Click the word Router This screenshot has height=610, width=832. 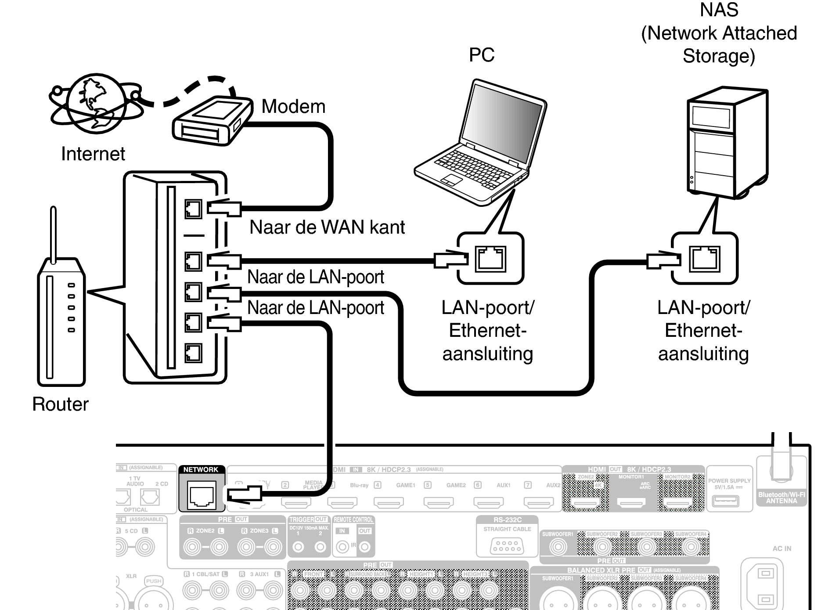60,404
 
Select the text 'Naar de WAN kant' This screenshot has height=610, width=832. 327,227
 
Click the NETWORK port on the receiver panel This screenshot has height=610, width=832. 202,494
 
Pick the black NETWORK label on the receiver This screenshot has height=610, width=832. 201,469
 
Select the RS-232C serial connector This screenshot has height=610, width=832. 507,546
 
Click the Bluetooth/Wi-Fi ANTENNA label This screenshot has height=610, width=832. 782,498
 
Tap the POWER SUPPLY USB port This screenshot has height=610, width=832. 725,501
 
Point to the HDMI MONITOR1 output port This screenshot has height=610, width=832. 631,502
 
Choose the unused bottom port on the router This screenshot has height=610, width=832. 193,353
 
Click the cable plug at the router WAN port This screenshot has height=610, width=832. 224,208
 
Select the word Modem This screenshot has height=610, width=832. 293,107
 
